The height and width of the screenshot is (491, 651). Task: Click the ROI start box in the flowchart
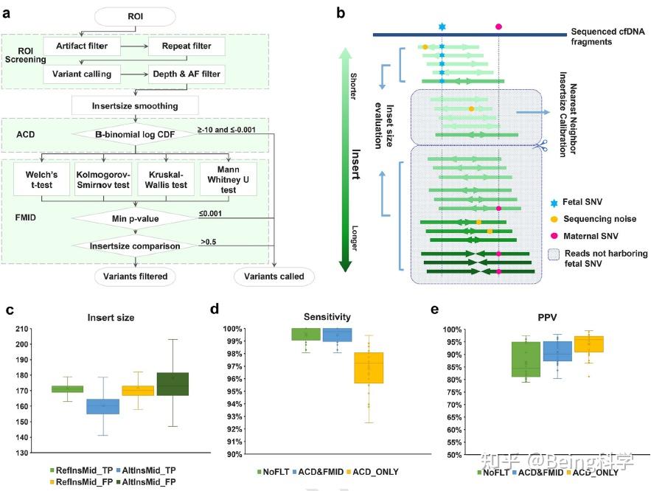135,15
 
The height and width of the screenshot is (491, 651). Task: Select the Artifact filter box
81,46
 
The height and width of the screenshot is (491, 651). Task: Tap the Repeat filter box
181,46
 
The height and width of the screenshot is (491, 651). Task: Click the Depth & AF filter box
185,74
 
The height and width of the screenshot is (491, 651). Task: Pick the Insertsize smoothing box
135,105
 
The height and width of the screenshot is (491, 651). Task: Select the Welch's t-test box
40,178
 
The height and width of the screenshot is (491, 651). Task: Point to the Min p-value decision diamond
135,219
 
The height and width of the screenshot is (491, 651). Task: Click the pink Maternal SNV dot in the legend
553,235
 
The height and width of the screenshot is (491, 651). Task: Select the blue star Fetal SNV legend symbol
553,201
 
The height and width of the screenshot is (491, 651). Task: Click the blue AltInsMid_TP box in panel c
103,407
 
